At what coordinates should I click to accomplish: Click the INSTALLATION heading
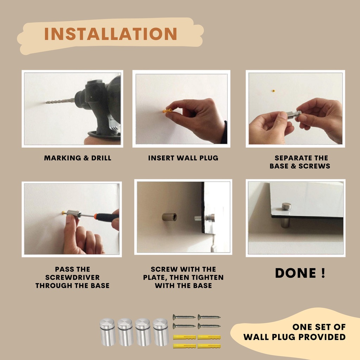[110, 34]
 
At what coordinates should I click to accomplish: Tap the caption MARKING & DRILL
[78, 158]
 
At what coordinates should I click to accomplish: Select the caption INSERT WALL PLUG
[183, 158]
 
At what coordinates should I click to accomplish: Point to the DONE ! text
[300, 273]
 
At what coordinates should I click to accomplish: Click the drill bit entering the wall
[60, 101]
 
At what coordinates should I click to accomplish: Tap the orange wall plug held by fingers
[167, 111]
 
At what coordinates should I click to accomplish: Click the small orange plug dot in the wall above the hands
[273, 91]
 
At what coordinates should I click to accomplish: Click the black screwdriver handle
[107, 217]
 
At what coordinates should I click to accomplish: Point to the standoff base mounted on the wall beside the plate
[169, 217]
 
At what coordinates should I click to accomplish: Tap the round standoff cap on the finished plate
[286, 206]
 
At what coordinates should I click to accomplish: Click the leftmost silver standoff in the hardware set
[108, 332]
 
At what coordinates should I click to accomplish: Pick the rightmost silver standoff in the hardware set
[161, 332]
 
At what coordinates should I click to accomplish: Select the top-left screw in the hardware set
[184, 317]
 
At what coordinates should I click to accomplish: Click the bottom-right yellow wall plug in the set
[209, 346]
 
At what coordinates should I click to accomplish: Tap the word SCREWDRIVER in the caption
[72, 277]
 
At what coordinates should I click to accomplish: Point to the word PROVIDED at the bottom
[323, 337]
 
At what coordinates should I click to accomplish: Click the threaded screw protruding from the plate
[198, 218]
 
